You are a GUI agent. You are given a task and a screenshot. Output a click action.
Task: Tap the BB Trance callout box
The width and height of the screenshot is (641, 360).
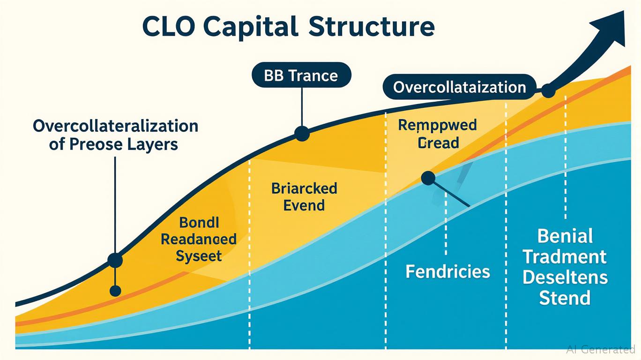(x=301, y=75)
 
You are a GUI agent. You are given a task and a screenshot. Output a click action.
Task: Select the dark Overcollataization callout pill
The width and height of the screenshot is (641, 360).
(x=459, y=87)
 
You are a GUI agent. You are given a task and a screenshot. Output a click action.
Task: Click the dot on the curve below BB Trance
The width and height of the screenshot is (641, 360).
(x=302, y=134)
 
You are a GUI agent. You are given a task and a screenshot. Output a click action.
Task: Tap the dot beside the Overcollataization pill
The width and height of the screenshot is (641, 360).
(x=548, y=91)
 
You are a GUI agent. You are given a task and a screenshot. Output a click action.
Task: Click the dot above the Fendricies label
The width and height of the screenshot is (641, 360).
(x=427, y=178)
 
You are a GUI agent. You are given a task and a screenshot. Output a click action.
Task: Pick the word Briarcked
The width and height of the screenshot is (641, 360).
(x=304, y=188)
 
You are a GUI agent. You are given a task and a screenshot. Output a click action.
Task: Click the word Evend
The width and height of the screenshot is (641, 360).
(x=304, y=205)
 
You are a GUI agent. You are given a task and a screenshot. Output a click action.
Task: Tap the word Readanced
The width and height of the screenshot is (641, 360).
(x=198, y=239)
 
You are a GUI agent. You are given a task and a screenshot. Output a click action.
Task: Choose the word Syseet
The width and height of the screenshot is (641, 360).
(x=198, y=256)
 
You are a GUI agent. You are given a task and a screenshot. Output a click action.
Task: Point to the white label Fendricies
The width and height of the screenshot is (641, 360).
(x=447, y=271)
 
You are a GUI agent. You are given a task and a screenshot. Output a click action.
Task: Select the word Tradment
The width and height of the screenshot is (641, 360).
(x=565, y=256)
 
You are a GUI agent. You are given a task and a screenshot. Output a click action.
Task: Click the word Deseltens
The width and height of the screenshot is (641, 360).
(x=565, y=277)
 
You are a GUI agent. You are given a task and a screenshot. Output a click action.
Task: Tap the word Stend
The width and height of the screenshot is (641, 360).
(x=565, y=298)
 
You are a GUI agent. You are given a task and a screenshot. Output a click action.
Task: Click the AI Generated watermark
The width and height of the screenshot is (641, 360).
(x=600, y=349)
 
